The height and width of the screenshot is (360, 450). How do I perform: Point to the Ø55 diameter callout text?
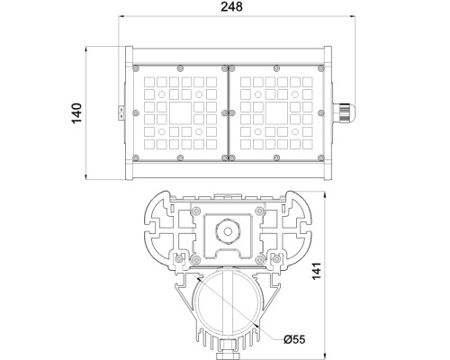point(295,339)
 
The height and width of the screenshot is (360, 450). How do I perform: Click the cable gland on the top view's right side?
point(344,113)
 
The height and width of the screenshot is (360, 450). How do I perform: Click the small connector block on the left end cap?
point(117,112)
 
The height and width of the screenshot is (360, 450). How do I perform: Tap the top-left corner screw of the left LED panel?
point(136,67)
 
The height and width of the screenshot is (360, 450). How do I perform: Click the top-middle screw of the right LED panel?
point(276,67)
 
